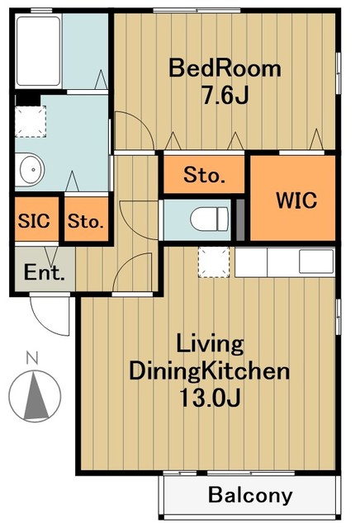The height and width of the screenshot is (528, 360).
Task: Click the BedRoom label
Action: coord(225,68)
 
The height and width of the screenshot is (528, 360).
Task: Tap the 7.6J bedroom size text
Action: coord(225,95)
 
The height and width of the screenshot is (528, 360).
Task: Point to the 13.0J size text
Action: coord(210,398)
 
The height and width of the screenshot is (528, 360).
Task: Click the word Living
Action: coord(210,345)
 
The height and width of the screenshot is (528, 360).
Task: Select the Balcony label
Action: coord(250,495)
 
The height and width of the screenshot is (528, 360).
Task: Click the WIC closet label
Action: coord(296,200)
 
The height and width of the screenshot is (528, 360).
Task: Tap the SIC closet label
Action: coord(34,221)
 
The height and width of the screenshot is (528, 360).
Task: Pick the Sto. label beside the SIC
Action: coord(86,221)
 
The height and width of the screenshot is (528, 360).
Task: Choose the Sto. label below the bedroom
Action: coord(204,175)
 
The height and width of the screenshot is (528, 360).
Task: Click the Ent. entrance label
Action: coord(44,272)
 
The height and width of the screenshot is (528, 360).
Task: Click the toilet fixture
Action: coord(210,219)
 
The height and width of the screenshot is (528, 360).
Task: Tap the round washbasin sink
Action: coord(31,169)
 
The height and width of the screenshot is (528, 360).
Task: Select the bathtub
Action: coord(38,51)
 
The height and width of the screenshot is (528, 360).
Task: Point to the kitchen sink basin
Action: coord(316,262)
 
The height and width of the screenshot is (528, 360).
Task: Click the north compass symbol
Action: coord(35,397)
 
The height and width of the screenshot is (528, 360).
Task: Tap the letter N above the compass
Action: coord(32,357)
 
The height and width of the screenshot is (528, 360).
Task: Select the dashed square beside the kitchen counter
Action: coord(214,262)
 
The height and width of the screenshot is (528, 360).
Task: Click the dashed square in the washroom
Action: coord(31,121)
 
